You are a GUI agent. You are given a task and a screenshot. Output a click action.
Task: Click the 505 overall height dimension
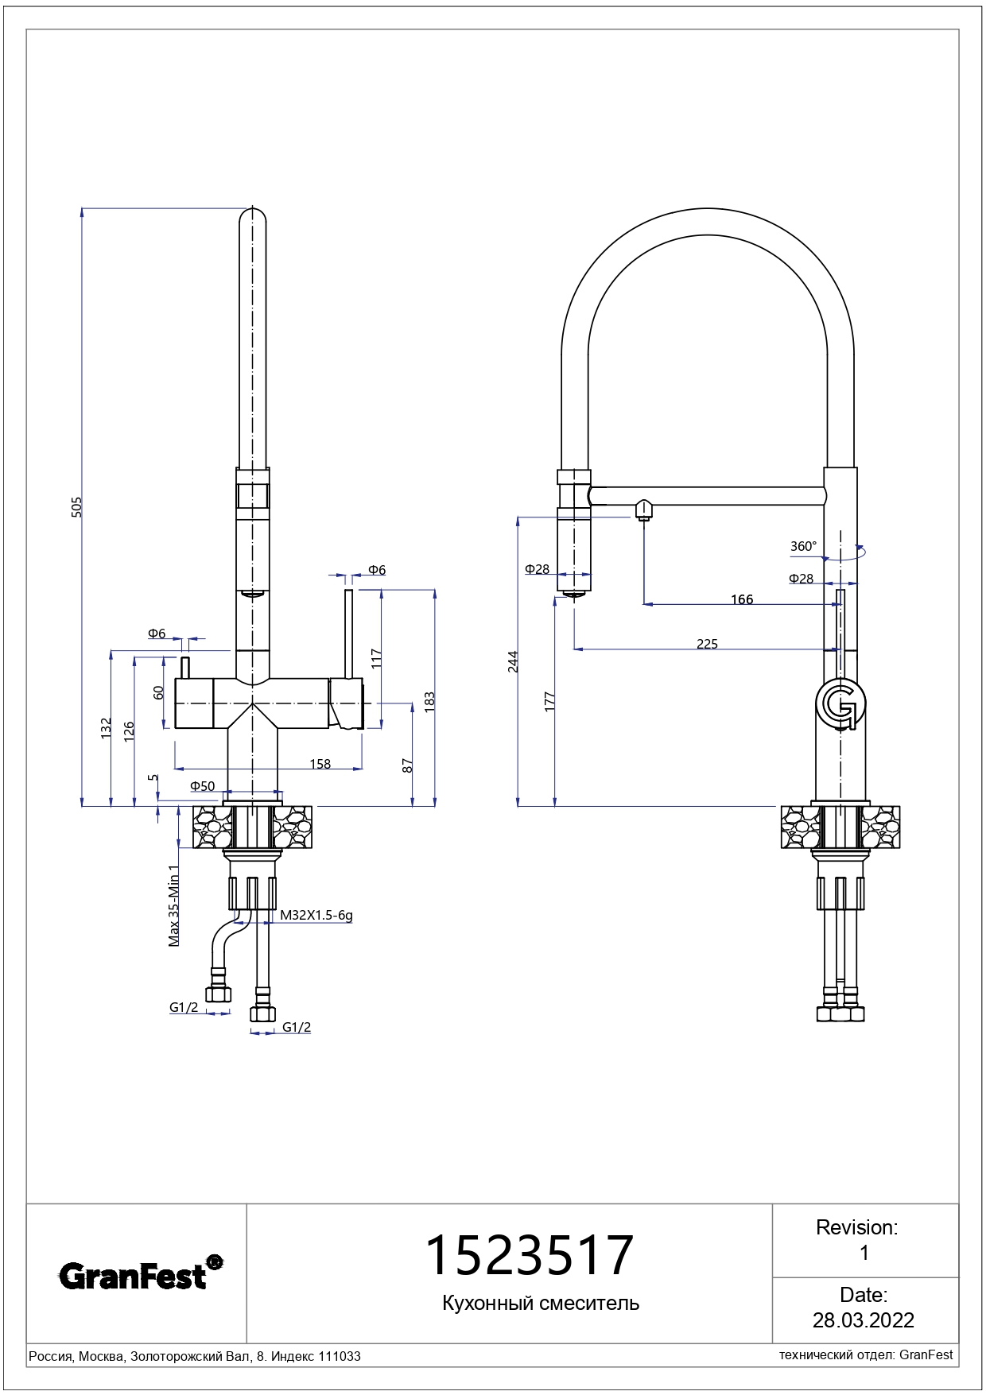pos(77,507)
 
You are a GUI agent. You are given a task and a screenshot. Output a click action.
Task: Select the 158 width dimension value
pos(320,764)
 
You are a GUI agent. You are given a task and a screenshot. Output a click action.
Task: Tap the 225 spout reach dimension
pos(707,644)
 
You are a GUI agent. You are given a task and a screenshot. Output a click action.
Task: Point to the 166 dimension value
pos(742,599)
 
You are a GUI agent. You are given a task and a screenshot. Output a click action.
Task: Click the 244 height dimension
pos(514,661)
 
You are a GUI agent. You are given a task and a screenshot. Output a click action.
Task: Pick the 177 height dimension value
pos(549,701)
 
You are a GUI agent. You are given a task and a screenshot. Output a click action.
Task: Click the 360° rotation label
pos(803,546)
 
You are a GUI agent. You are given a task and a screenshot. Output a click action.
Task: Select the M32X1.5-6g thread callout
pos(316,915)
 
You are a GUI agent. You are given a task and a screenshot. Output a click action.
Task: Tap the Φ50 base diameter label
pos(202,786)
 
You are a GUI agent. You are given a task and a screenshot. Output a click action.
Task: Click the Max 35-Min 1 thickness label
pos(174,905)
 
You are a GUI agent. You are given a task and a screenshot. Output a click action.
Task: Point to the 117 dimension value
pos(377,658)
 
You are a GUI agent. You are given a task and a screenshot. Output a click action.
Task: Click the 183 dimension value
pos(429,700)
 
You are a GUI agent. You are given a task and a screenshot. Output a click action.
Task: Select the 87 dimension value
pos(408,765)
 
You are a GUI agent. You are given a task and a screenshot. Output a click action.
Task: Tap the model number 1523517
pos(530,1256)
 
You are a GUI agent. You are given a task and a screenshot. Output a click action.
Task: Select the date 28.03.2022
pos(864,1320)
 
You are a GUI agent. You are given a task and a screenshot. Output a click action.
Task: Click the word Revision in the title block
pos(856,1227)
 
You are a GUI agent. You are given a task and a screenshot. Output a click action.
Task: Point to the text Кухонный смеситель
pos(541,1303)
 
